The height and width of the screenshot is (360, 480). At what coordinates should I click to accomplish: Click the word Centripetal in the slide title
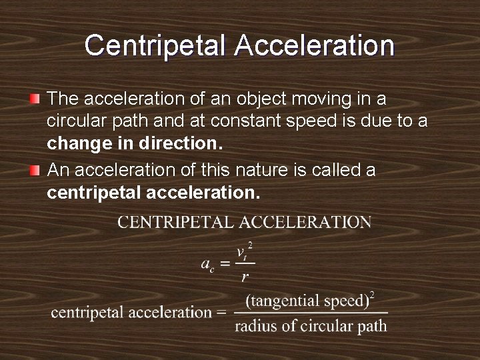coord(155,45)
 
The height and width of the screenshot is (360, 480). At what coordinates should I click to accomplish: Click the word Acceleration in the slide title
coord(315,45)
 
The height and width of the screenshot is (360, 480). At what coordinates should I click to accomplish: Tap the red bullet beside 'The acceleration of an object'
coord(35,99)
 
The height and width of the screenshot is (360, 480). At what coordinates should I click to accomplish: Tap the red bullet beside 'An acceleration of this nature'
coord(35,171)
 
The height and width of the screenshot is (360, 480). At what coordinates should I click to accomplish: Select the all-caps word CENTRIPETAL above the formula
coord(174,222)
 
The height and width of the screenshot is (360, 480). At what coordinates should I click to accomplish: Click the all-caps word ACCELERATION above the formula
coord(304,222)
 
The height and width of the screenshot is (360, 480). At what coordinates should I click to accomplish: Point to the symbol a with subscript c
coord(207,263)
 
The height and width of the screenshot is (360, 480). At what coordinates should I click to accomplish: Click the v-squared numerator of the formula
coord(244,253)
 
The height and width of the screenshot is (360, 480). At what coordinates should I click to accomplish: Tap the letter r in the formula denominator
coord(245,277)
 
